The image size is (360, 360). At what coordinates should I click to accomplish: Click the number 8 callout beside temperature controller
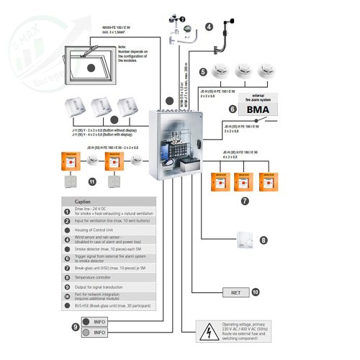click(x=263, y=240)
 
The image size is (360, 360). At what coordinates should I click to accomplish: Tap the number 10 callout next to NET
click(x=255, y=292)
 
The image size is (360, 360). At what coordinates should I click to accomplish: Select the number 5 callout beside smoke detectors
click(x=203, y=72)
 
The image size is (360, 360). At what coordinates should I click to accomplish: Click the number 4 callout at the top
click(x=209, y=27)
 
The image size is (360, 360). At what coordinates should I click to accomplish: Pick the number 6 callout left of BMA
click(x=233, y=109)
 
